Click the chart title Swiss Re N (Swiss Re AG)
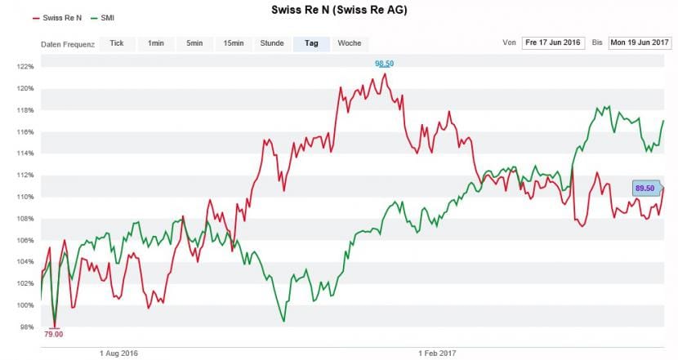click(339, 11)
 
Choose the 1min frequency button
click(156, 43)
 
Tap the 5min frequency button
click(194, 43)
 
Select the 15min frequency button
click(233, 43)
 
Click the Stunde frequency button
click(272, 43)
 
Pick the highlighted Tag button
click(310, 43)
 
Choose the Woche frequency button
click(349, 43)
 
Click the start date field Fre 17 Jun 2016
click(554, 42)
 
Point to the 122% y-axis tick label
click(25, 67)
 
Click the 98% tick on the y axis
click(26, 327)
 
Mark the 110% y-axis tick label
click(25, 197)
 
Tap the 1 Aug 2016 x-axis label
click(119, 353)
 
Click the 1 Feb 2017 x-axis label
click(437, 353)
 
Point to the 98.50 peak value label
click(384, 64)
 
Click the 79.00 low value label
click(54, 333)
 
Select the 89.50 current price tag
click(645, 189)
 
